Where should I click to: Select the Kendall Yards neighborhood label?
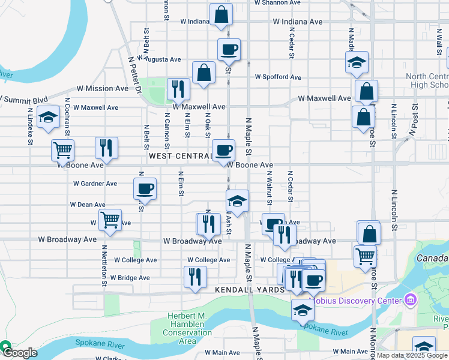(x=250, y=290)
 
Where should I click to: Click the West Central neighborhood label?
(x=178, y=156)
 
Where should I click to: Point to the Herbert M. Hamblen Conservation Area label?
(x=188, y=328)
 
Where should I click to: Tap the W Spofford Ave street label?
(x=278, y=77)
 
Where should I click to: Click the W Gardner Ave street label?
(x=95, y=184)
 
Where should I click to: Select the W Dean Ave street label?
(x=88, y=205)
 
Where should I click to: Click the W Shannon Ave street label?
(x=277, y=2)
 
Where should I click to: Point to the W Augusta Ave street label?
(x=159, y=59)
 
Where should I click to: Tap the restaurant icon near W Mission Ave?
(x=178, y=89)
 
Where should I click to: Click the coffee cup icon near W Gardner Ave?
(x=145, y=188)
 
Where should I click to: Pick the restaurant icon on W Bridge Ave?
(x=195, y=277)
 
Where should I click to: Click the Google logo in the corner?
(x=19, y=353)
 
